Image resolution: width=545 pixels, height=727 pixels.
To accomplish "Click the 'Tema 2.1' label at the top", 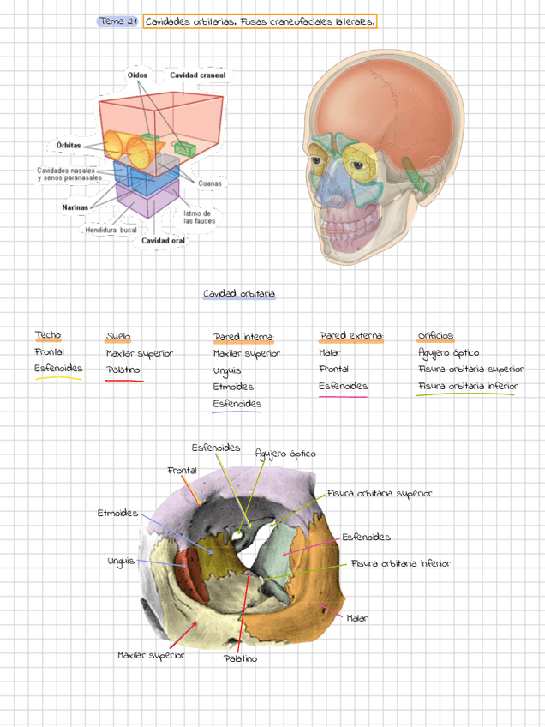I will pyautogui.click(x=118, y=21).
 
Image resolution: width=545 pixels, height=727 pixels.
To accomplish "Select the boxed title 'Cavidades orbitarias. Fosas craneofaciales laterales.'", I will pyautogui.click(x=261, y=21).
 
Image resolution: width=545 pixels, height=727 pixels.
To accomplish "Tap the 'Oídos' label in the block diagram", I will pyautogui.click(x=137, y=75).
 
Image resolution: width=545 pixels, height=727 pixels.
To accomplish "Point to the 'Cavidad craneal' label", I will pyautogui.click(x=197, y=75).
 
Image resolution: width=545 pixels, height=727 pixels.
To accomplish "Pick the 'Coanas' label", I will pyautogui.click(x=210, y=183).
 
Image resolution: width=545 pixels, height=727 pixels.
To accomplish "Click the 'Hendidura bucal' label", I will pyautogui.click(x=111, y=230).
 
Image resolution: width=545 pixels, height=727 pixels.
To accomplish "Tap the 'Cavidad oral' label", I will pyautogui.click(x=163, y=241).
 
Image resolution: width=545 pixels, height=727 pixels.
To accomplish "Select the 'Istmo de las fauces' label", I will pyautogui.click(x=198, y=217).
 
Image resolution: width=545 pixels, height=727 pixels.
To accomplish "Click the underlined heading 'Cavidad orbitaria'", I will pyautogui.click(x=239, y=294).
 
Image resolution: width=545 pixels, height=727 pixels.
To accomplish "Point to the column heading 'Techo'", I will pyautogui.click(x=48, y=335).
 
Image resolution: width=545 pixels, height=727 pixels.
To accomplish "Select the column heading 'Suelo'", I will pyautogui.click(x=118, y=336).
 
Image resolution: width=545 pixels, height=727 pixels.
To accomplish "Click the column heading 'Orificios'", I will pyautogui.click(x=435, y=336).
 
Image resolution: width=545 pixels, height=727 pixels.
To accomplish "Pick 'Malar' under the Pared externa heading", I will pyautogui.click(x=330, y=352).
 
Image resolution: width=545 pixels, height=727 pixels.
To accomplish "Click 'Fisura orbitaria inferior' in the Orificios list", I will pyautogui.click(x=467, y=386).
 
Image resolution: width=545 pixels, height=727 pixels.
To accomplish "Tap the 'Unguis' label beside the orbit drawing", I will pyautogui.click(x=121, y=562).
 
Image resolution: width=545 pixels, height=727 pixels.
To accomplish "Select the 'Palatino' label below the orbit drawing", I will pyautogui.click(x=241, y=658).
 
